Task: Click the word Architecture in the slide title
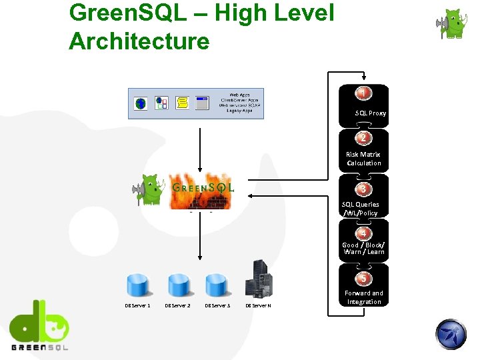point(139,41)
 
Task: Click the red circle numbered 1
point(363,93)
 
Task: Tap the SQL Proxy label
point(370,113)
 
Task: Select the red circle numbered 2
point(363,138)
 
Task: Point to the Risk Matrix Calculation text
point(363,159)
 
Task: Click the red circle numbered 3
point(363,189)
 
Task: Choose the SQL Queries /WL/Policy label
point(361,209)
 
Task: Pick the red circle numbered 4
point(363,233)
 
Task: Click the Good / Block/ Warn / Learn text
point(363,248)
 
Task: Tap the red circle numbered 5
point(363,278)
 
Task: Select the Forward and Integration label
point(363,297)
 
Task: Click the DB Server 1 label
point(137,305)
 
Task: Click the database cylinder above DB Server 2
point(179,285)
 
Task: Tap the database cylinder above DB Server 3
point(217,285)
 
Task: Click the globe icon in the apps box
point(141,103)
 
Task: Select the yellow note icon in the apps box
point(181,103)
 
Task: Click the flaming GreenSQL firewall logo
point(201,190)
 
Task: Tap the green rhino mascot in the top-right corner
point(453,25)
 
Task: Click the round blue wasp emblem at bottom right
point(451,334)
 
